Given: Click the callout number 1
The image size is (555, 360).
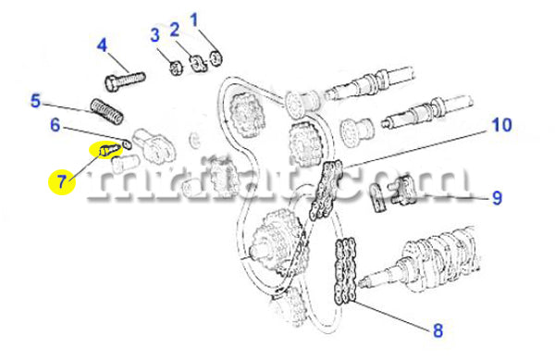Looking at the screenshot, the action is [x=193, y=19].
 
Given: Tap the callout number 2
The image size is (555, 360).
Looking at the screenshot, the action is [x=175, y=30].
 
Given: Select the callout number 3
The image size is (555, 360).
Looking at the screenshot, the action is [x=155, y=35].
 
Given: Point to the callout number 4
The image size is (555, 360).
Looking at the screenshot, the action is [x=102, y=45].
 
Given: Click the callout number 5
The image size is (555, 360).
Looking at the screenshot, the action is [x=36, y=101].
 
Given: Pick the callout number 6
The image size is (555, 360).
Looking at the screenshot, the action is [x=55, y=125].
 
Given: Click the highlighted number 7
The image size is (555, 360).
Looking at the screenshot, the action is [x=62, y=182].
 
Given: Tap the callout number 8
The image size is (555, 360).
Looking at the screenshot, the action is [x=438, y=330].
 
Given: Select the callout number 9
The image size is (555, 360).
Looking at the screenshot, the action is [x=497, y=197].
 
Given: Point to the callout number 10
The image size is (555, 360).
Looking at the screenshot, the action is [x=501, y=125].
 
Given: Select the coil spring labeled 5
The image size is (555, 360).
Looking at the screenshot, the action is [x=107, y=111].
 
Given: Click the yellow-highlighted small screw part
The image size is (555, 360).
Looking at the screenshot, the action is [x=108, y=150].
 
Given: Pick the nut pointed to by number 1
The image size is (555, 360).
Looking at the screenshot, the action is [x=216, y=58].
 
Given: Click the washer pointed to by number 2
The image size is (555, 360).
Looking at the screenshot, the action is [x=198, y=63].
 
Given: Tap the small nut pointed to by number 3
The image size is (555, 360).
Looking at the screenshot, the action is [x=176, y=68].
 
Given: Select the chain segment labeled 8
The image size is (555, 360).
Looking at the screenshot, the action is [x=345, y=271].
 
